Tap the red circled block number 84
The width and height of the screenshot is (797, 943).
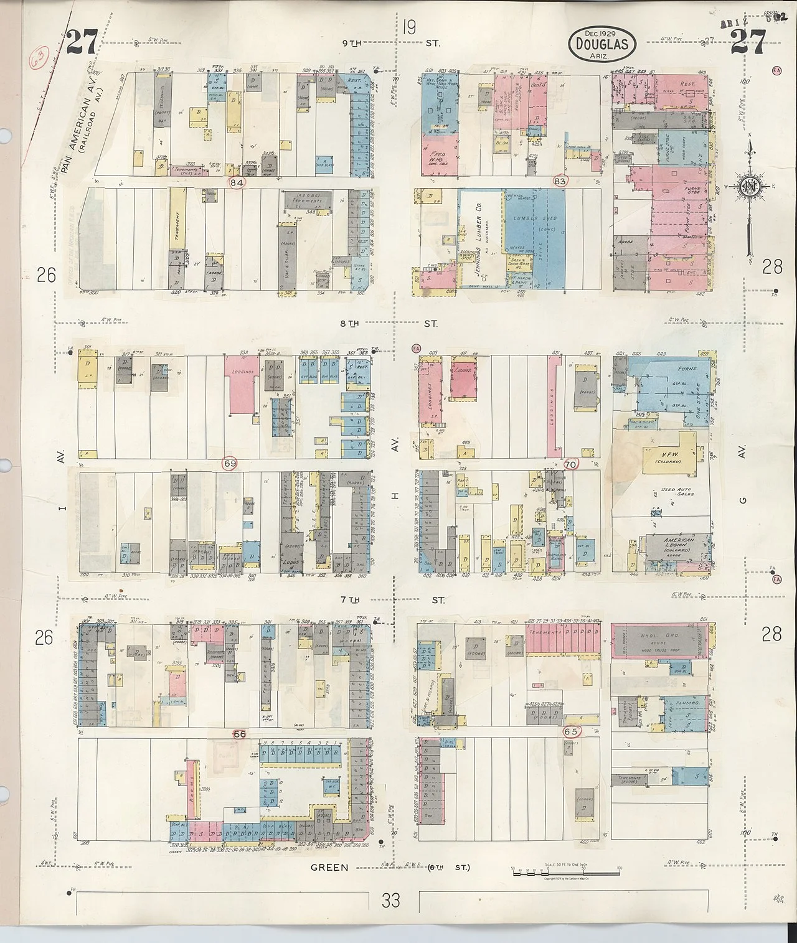(x=236, y=183)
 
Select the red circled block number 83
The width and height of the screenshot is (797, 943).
(x=560, y=181)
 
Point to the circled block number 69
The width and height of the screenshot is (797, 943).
(x=230, y=464)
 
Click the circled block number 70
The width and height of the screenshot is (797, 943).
(x=570, y=464)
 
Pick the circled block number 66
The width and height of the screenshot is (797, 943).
(x=240, y=734)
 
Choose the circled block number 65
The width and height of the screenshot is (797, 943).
(x=571, y=731)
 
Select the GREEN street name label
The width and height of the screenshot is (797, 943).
(x=330, y=868)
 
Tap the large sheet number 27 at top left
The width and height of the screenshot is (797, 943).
(x=82, y=42)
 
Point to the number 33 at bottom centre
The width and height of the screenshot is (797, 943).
(x=391, y=900)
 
